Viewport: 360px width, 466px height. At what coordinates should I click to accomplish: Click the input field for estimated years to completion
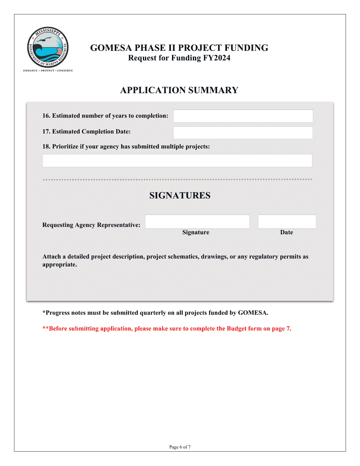(243, 116)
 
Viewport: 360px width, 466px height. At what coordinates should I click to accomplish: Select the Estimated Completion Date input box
(243, 133)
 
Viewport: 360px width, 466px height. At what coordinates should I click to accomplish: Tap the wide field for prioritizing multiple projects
(177, 161)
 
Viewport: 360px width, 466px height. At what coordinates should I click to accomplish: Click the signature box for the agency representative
(197, 222)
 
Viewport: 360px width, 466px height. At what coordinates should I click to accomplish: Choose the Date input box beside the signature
(287, 222)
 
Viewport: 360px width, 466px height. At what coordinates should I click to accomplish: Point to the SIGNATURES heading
(180, 195)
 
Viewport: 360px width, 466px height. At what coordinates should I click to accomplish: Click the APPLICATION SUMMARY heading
(179, 90)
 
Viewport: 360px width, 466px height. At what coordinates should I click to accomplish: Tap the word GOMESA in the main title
(109, 48)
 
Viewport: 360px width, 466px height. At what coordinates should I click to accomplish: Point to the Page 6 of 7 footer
(180, 447)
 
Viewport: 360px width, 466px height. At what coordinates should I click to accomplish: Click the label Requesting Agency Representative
(91, 225)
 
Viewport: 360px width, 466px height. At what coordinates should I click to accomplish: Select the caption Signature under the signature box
(196, 233)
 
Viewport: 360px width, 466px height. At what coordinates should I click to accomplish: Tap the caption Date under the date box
(286, 233)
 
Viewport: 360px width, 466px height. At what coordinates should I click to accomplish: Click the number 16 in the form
(46, 116)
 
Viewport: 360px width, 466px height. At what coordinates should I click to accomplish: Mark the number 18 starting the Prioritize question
(46, 147)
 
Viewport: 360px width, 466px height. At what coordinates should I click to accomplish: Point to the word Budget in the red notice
(238, 328)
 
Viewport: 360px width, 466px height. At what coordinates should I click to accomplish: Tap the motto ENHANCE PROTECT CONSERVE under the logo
(48, 70)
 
